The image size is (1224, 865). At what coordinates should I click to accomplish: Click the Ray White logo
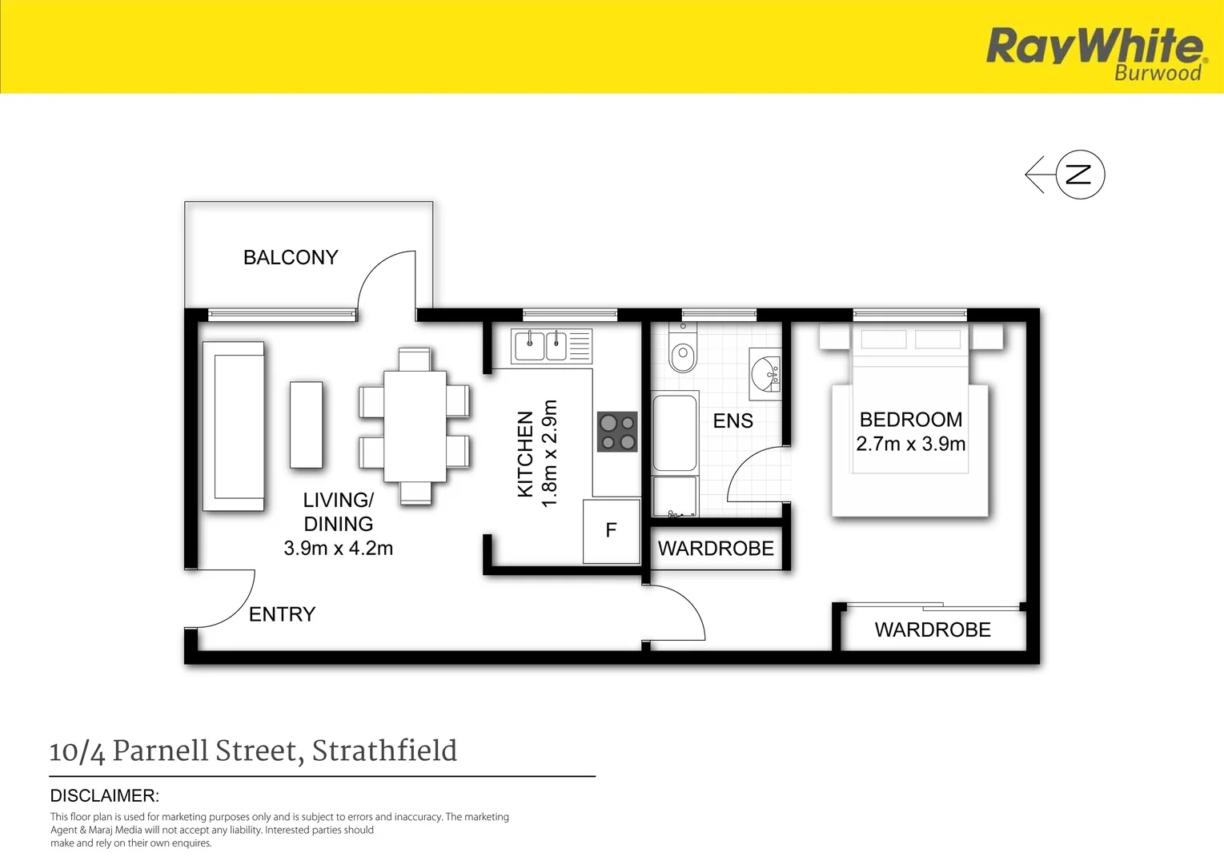[1095, 52]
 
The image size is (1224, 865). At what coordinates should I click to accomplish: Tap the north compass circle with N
[1080, 175]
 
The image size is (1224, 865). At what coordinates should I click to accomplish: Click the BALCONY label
[291, 257]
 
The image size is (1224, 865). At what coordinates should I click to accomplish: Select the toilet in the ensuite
[683, 355]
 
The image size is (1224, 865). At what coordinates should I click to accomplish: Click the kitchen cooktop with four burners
[617, 432]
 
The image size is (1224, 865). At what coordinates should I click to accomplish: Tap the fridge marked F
[612, 530]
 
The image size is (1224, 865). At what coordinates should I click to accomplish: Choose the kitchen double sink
[542, 346]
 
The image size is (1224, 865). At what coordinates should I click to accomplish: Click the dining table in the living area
[415, 426]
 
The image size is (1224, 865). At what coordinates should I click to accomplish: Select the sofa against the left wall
[234, 426]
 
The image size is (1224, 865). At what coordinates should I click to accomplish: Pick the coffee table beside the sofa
[306, 424]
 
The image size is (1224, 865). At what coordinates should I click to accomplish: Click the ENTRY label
[282, 614]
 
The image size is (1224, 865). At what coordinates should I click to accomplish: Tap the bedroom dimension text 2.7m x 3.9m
[910, 444]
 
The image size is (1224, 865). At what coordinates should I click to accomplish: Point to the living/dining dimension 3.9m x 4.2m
[338, 549]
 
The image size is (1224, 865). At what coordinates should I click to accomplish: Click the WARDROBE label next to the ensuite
[716, 549]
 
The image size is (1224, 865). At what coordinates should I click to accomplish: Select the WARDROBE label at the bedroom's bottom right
[933, 630]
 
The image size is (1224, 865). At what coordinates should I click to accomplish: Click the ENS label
[732, 421]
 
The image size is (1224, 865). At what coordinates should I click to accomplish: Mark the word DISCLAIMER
[105, 796]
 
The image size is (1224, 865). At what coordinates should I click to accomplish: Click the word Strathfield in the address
[384, 751]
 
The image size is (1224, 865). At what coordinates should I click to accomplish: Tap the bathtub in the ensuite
[675, 432]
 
